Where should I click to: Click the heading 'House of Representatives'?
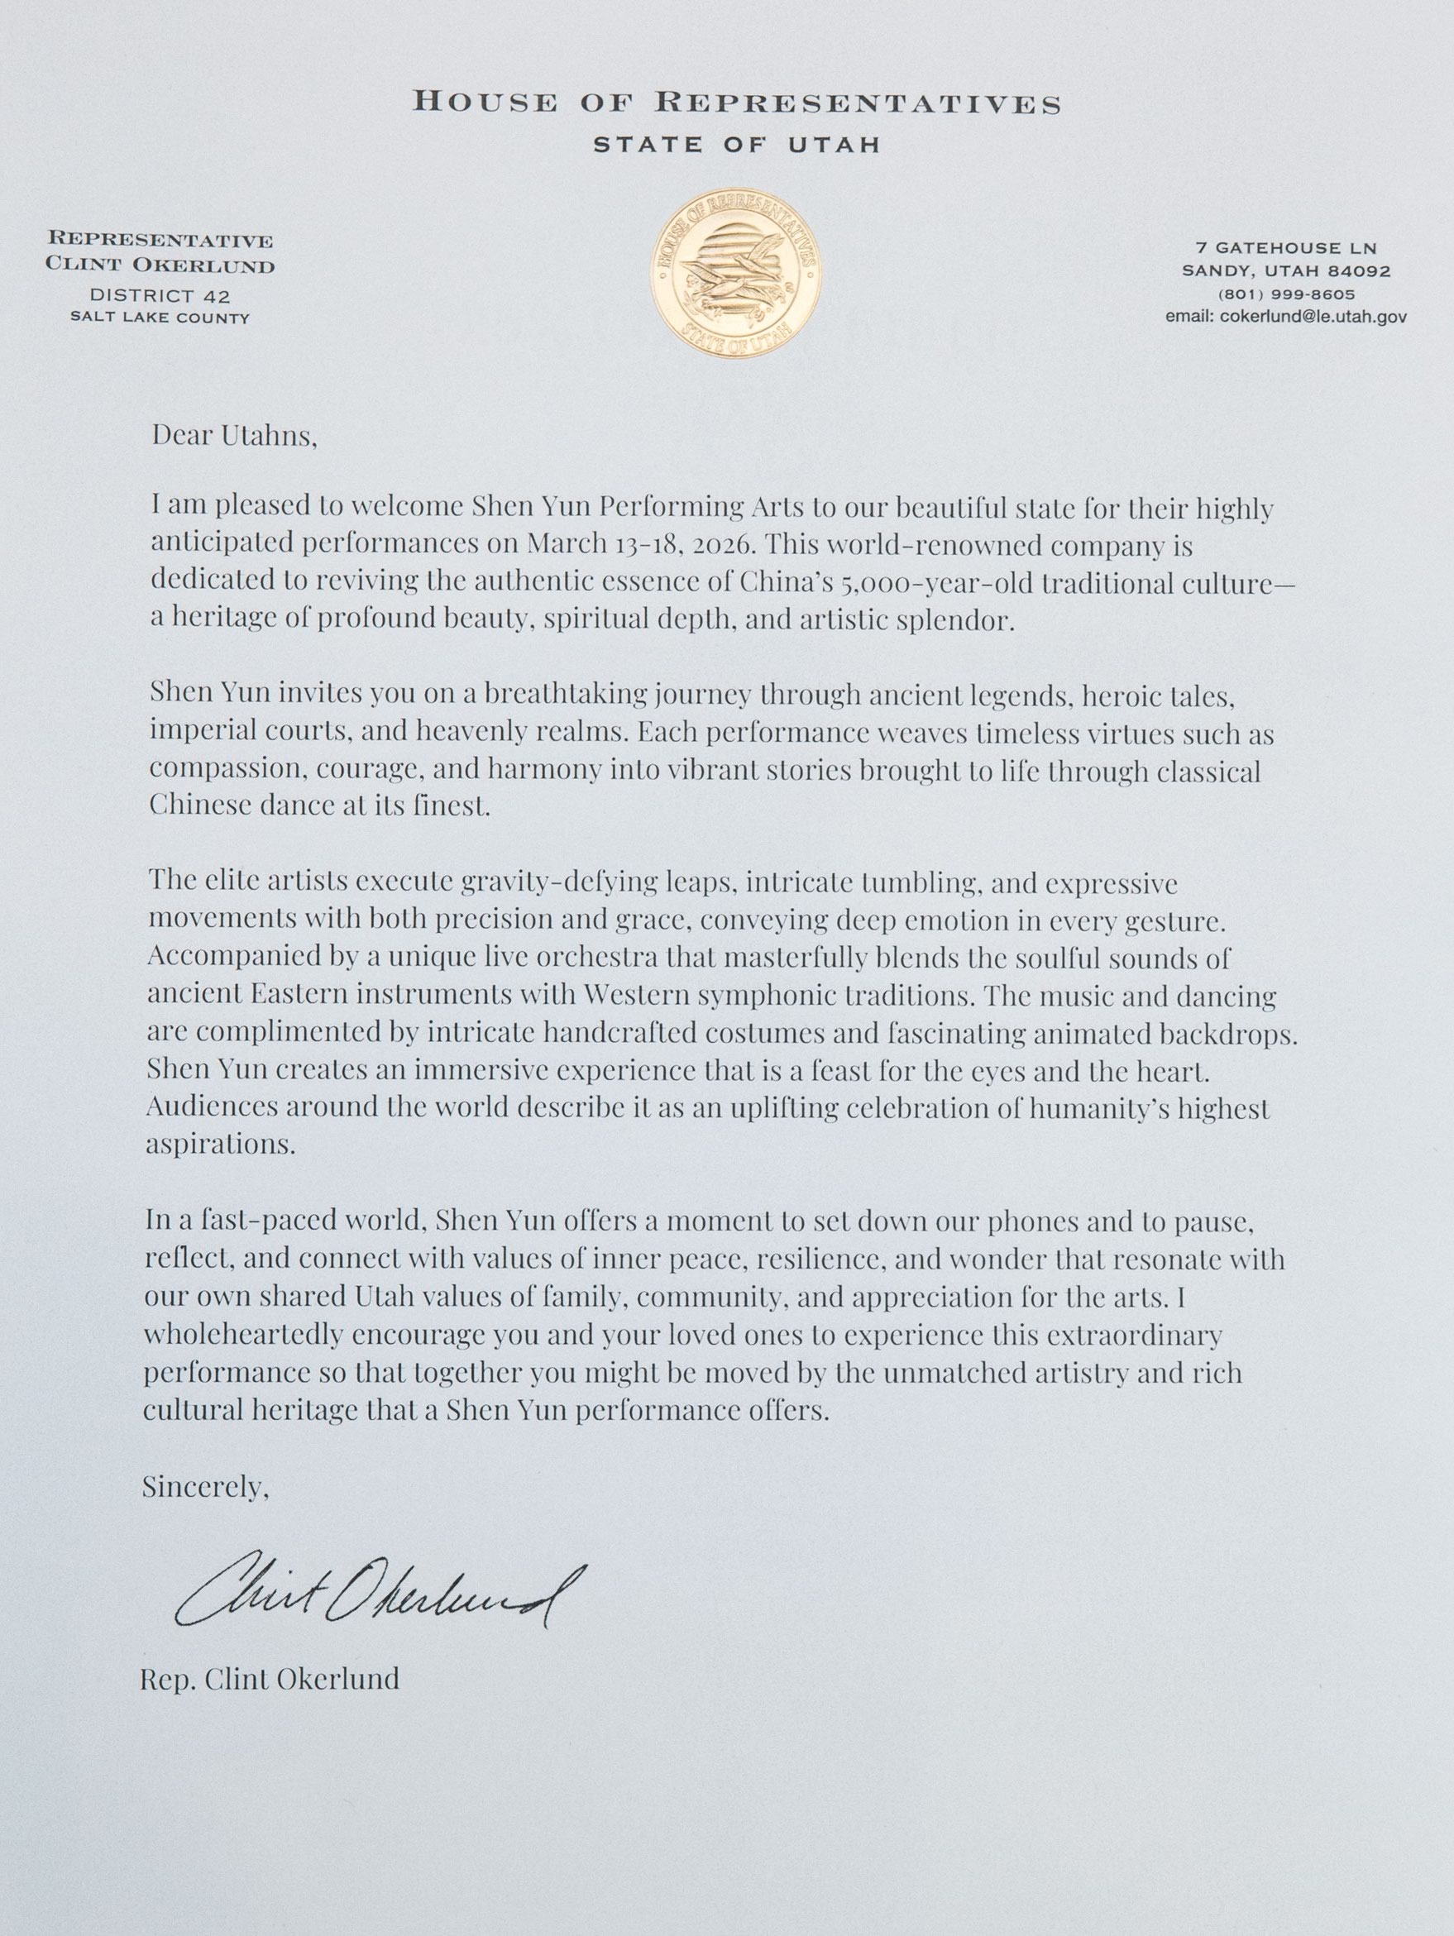coord(736,103)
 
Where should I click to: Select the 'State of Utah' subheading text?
coord(736,146)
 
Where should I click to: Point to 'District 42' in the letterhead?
coord(160,297)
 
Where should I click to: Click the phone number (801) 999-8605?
coord(1285,295)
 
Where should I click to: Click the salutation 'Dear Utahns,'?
coord(234,435)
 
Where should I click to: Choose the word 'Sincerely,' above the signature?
coord(206,1486)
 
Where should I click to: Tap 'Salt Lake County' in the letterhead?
coord(160,318)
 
